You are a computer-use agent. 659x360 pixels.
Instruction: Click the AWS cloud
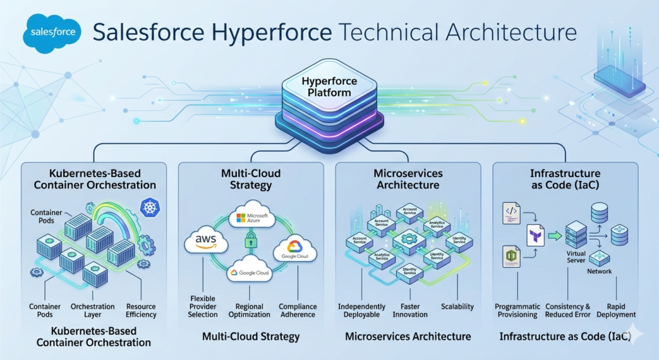207,243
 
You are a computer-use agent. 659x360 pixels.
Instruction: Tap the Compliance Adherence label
297,310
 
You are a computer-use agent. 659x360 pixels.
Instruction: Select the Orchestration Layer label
93,310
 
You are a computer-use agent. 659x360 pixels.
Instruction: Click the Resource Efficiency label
141,310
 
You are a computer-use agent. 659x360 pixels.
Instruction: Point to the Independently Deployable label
362,310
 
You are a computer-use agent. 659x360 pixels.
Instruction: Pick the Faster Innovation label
409,310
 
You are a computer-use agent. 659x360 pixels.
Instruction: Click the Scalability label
458,307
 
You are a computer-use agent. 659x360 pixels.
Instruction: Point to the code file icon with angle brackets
511,213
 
